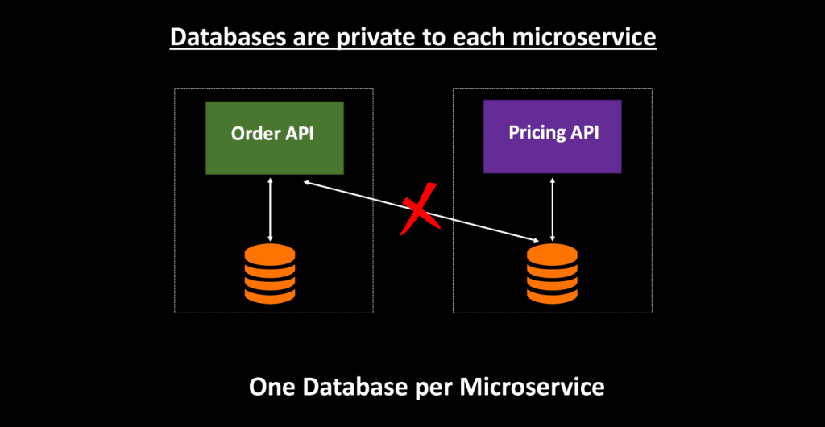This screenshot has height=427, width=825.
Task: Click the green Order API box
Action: coord(274,138)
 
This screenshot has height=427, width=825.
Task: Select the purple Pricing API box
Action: coord(552,137)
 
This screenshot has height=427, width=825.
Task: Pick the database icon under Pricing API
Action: coord(552,275)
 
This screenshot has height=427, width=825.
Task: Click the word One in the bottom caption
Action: coord(273,387)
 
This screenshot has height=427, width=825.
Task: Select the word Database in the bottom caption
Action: coord(359,387)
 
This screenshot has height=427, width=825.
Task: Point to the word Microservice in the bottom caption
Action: coord(532,387)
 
